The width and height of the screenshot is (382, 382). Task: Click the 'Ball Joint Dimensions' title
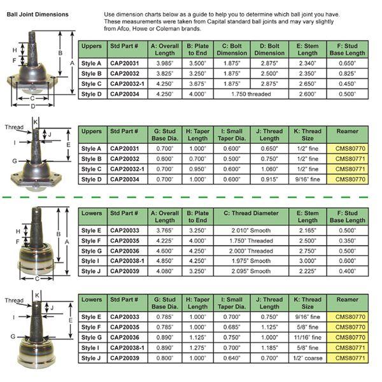[38, 14]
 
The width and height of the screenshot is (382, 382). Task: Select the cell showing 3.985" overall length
[163, 64]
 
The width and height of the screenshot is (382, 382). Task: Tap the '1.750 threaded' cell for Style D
[250, 94]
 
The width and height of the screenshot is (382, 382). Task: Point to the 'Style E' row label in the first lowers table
[91, 231]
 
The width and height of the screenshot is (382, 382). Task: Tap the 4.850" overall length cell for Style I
[163, 262]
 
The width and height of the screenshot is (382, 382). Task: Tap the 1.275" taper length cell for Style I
[198, 348]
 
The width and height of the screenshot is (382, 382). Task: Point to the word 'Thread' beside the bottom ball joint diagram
[13, 301]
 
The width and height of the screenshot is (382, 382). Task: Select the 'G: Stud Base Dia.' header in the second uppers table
[163, 134]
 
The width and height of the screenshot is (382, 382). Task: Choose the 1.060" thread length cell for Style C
[269, 169]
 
